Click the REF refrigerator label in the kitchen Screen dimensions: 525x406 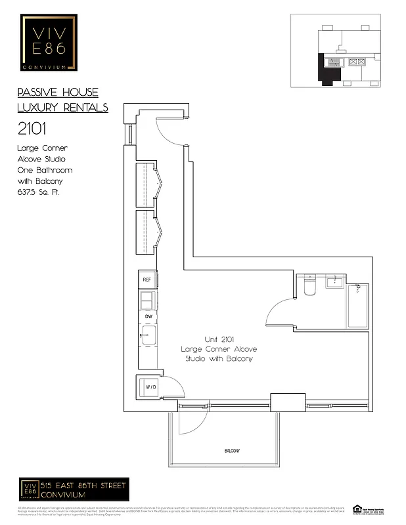[147, 280]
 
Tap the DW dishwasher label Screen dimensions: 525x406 [148, 317]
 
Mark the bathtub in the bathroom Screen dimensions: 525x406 [358, 305]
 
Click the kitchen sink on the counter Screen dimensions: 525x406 [147, 335]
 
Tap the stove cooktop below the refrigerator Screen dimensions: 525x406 [147, 300]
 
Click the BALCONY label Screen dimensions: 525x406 [232, 451]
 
